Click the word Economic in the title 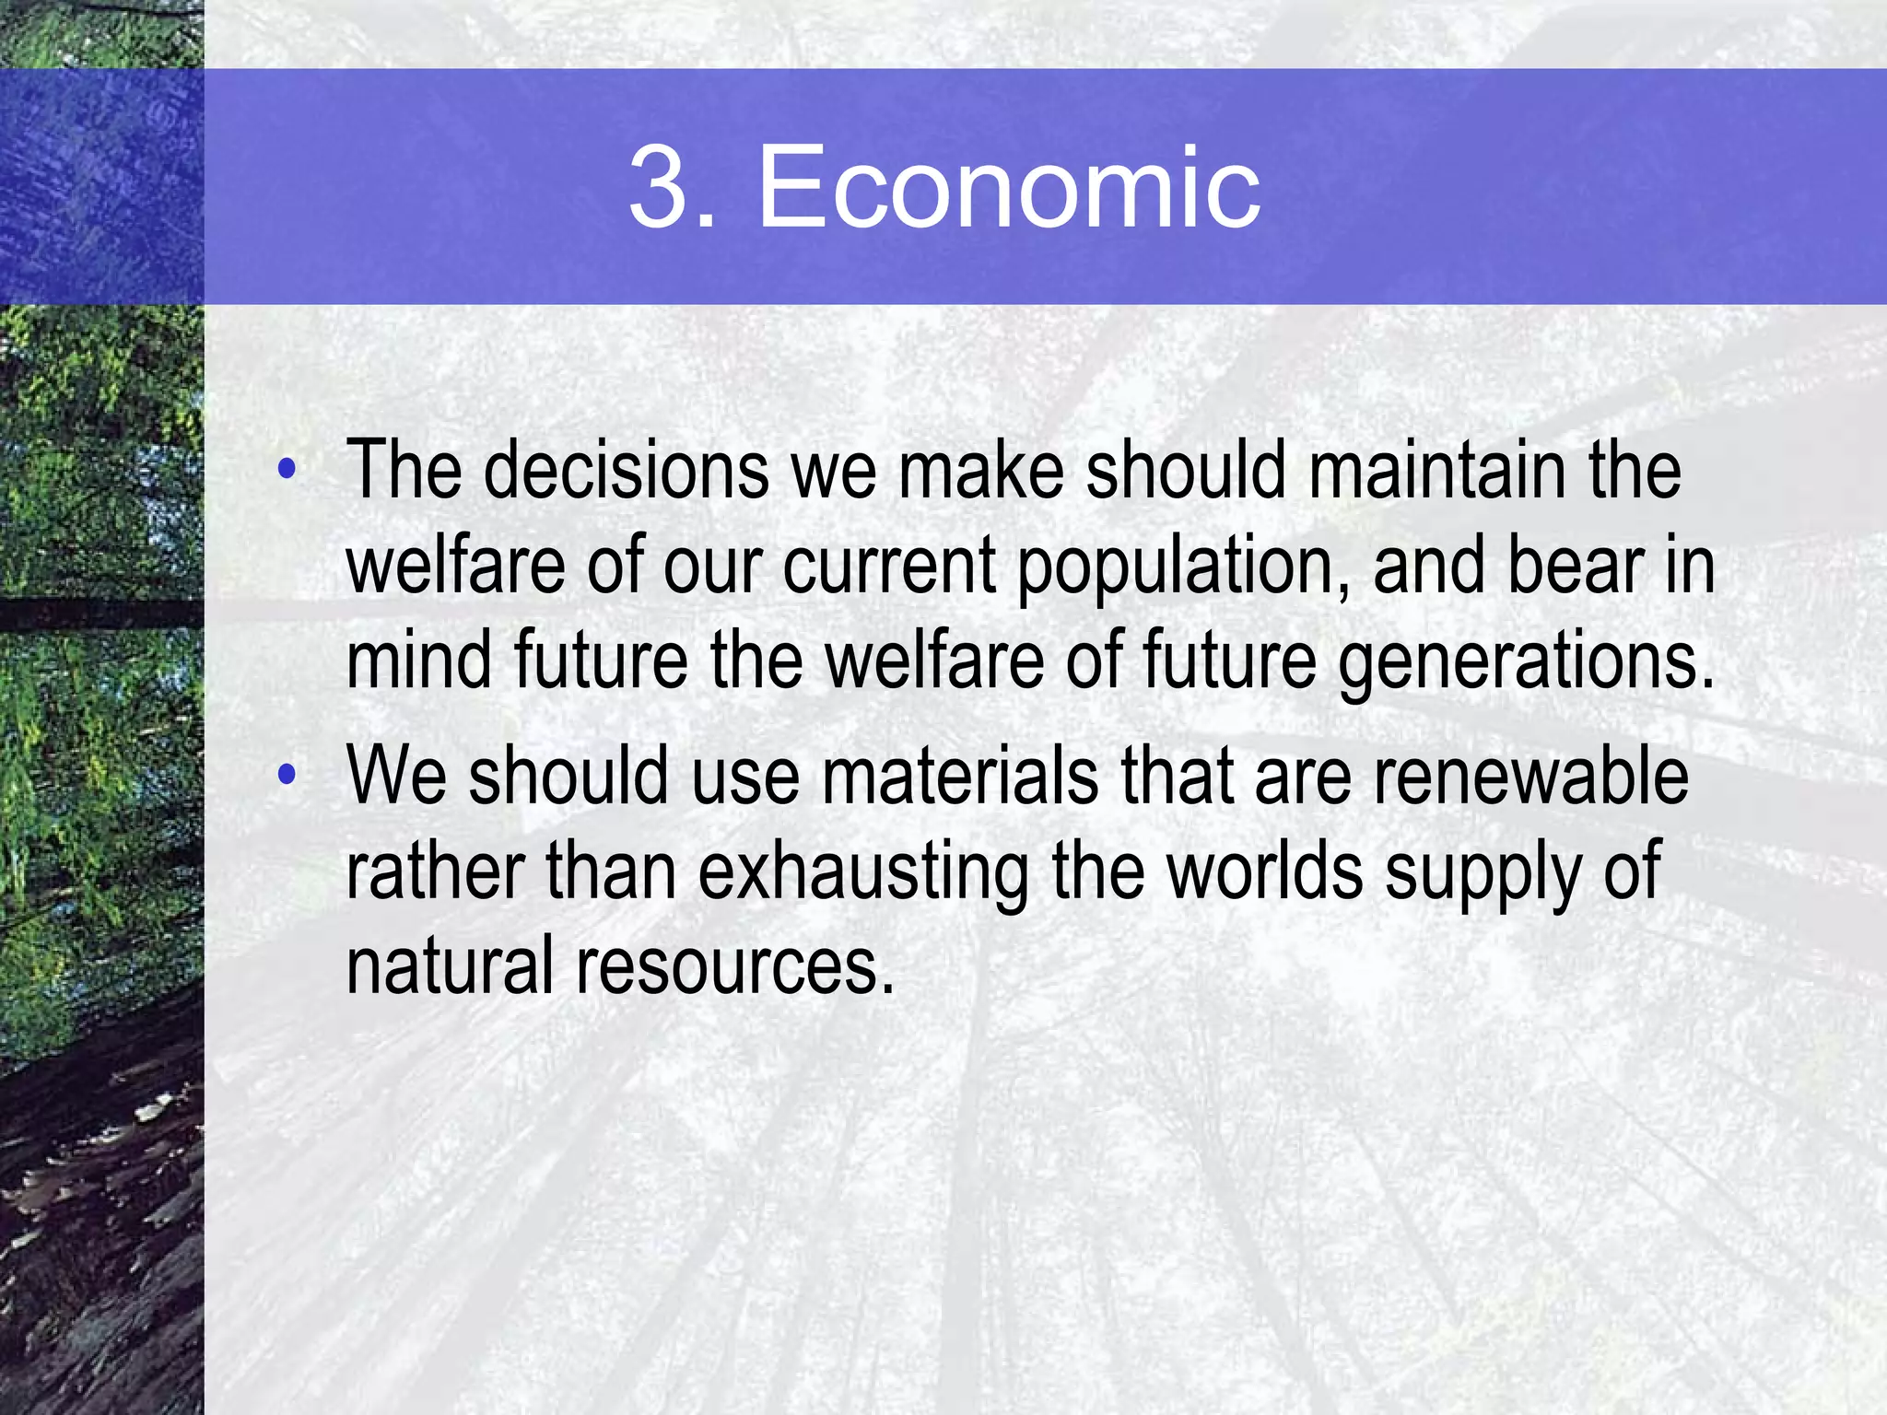1008,188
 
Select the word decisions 627,471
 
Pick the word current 889,566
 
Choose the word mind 419,661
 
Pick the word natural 451,966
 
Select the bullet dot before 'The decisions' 287,470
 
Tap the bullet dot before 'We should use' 287,775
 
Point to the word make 980,471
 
